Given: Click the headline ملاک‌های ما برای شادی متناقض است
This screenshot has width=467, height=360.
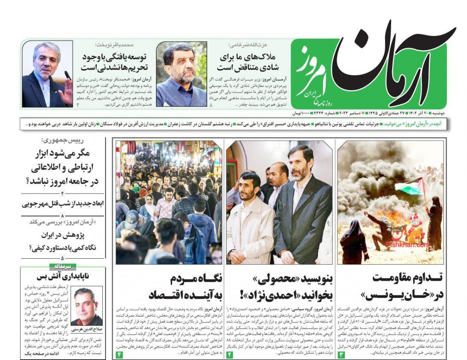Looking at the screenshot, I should coord(245,62).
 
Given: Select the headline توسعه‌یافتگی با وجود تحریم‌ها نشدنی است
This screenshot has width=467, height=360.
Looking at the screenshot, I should coord(114,62).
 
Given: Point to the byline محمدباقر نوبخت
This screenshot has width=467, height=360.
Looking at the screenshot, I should coord(114,44).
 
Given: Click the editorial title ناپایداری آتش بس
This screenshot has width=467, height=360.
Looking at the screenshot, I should coord(63,277).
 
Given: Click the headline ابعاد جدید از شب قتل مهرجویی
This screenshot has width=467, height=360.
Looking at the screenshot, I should coord(62,204).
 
